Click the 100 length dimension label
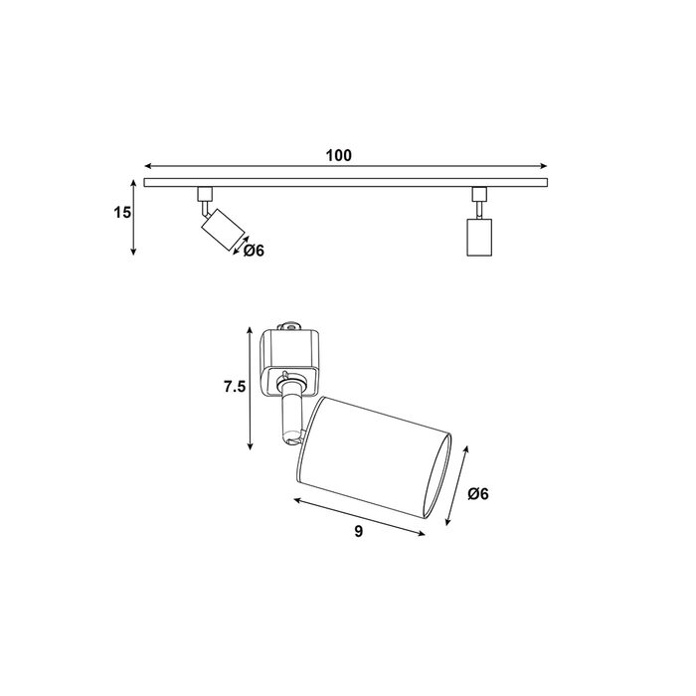click(339, 155)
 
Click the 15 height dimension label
click(122, 213)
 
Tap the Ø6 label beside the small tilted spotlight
click(254, 251)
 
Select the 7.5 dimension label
click(235, 387)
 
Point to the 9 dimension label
click(359, 531)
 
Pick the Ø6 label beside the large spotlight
click(478, 493)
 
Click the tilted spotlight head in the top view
click(223, 230)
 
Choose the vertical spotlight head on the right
click(479, 237)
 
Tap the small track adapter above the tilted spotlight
click(205, 194)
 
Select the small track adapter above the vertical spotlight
click(479, 194)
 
